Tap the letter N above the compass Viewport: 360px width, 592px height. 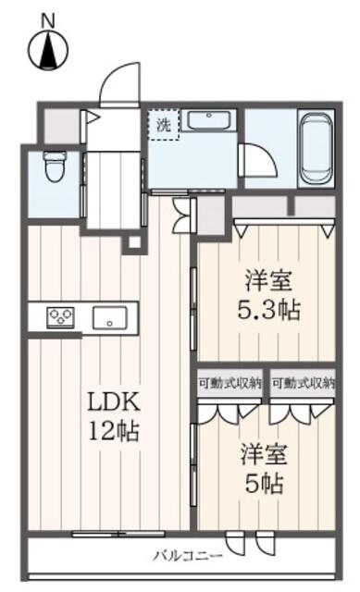click(x=48, y=20)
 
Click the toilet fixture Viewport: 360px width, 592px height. click(x=54, y=166)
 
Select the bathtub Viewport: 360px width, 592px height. click(x=317, y=148)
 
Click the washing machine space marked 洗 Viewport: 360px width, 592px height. click(x=163, y=125)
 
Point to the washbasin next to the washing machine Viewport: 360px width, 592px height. click(x=209, y=121)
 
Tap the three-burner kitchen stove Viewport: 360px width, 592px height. click(x=60, y=317)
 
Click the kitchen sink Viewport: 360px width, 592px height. click(x=110, y=317)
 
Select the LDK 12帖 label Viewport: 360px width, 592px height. click(x=114, y=416)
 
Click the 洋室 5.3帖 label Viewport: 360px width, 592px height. click(x=268, y=295)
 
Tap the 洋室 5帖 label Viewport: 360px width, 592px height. click(x=264, y=469)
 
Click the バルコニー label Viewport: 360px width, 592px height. click(x=188, y=555)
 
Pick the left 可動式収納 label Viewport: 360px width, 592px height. click(x=230, y=384)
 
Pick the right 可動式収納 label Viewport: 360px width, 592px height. click(x=304, y=384)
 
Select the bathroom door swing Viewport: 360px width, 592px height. click(x=259, y=160)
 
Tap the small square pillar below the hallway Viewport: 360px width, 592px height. click(x=133, y=242)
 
